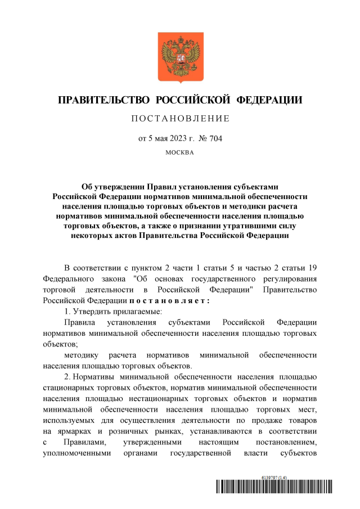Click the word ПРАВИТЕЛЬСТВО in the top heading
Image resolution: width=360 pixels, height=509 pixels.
tap(104, 101)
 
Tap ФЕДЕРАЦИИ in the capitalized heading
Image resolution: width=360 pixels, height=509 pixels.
tap(268, 101)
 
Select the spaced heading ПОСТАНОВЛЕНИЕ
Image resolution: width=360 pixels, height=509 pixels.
tap(180, 119)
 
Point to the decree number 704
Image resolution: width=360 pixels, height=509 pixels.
tap(215, 138)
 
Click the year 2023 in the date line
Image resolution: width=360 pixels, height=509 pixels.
tap(180, 138)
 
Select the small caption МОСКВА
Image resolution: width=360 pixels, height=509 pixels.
tap(180, 152)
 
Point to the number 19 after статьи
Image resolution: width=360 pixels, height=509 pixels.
tap(312, 267)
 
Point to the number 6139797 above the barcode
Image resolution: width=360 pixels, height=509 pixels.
tap(269, 477)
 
